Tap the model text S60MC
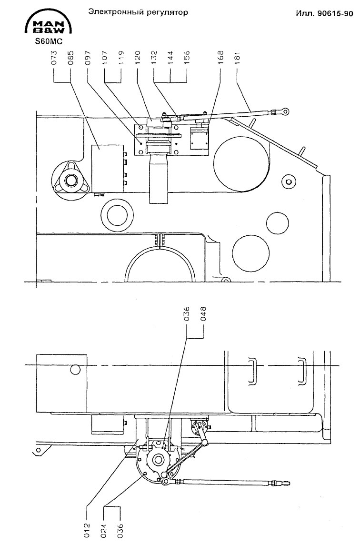click(x=46, y=41)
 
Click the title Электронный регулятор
click(x=138, y=12)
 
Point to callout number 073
click(x=54, y=58)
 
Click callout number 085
click(x=70, y=58)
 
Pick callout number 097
click(x=88, y=58)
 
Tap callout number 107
click(x=105, y=58)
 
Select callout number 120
click(x=137, y=58)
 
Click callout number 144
click(x=170, y=58)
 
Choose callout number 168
click(x=220, y=58)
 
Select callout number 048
click(x=203, y=316)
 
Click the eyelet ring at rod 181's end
click(x=284, y=112)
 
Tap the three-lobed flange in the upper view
click(x=70, y=181)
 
